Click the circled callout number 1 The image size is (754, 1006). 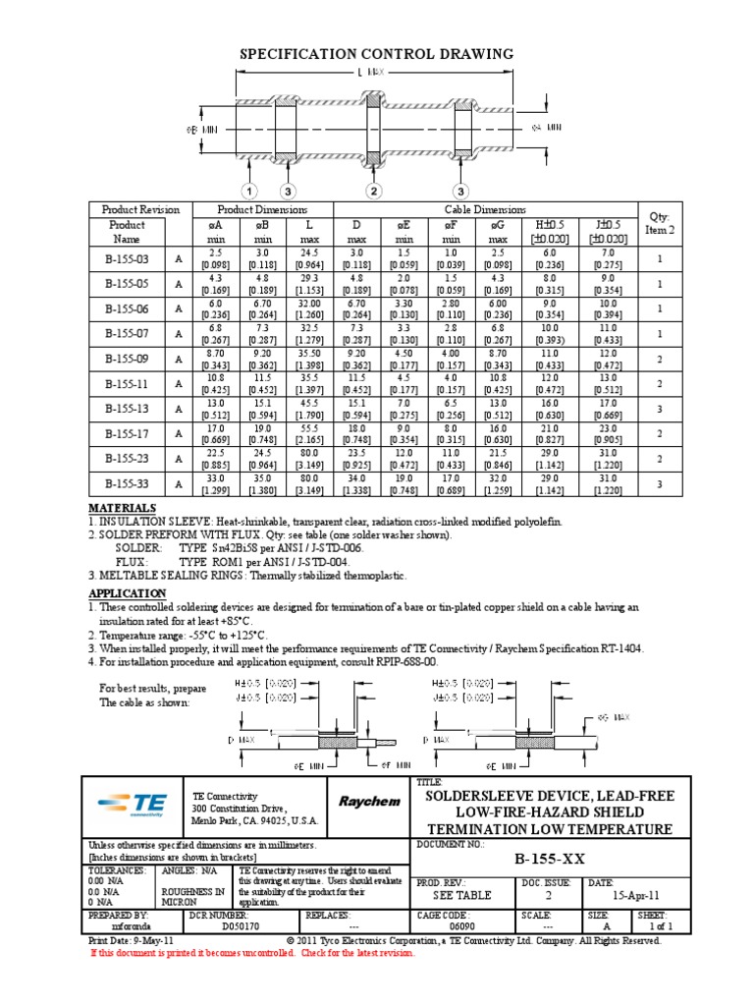pyautogui.click(x=250, y=190)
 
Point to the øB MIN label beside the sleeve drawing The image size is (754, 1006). pyautogui.click(x=200, y=128)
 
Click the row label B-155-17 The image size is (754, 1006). pyautogui.click(x=127, y=433)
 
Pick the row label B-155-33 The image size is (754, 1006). pyautogui.click(x=127, y=484)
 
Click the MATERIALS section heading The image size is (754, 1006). pyautogui.click(x=122, y=508)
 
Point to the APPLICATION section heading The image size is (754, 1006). pyautogui.click(x=128, y=594)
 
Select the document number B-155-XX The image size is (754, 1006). pyautogui.click(x=550, y=859)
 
